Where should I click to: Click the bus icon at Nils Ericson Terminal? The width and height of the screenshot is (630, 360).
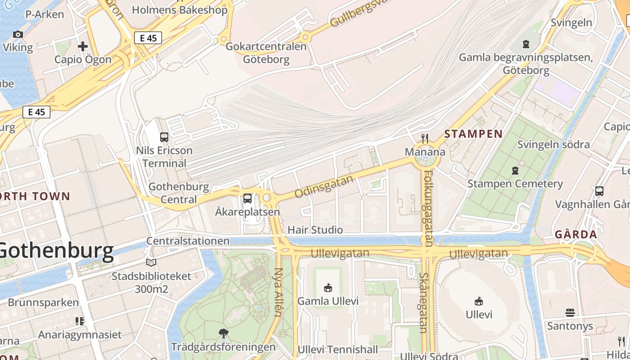point(164,137)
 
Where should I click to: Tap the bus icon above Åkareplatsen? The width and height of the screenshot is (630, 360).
point(247,198)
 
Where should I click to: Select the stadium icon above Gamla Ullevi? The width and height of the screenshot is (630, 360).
point(328,288)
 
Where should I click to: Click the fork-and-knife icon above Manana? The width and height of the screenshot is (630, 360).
point(425,138)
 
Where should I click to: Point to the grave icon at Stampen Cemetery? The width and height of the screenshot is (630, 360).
point(515,171)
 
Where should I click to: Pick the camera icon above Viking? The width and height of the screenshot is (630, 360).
point(18,34)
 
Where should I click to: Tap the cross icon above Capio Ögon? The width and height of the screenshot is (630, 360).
point(83,46)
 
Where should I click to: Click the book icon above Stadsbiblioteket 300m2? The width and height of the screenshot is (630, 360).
point(151,262)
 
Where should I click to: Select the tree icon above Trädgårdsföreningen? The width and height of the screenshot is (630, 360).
point(223,333)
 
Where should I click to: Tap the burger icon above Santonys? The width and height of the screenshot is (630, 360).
point(570,312)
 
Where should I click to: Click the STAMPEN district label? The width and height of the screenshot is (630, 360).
point(473,134)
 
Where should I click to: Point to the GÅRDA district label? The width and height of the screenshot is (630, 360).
point(576,234)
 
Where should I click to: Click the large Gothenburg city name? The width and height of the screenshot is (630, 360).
point(56,251)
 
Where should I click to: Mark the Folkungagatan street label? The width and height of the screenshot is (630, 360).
point(428,208)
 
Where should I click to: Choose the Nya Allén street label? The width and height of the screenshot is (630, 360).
point(279,292)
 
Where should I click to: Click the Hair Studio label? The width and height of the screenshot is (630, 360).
point(315,230)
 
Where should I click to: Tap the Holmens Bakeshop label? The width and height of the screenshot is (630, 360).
point(180,10)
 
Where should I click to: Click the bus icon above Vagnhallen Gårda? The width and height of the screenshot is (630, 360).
point(599,191)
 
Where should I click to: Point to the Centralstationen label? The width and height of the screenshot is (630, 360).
point(188,241)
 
